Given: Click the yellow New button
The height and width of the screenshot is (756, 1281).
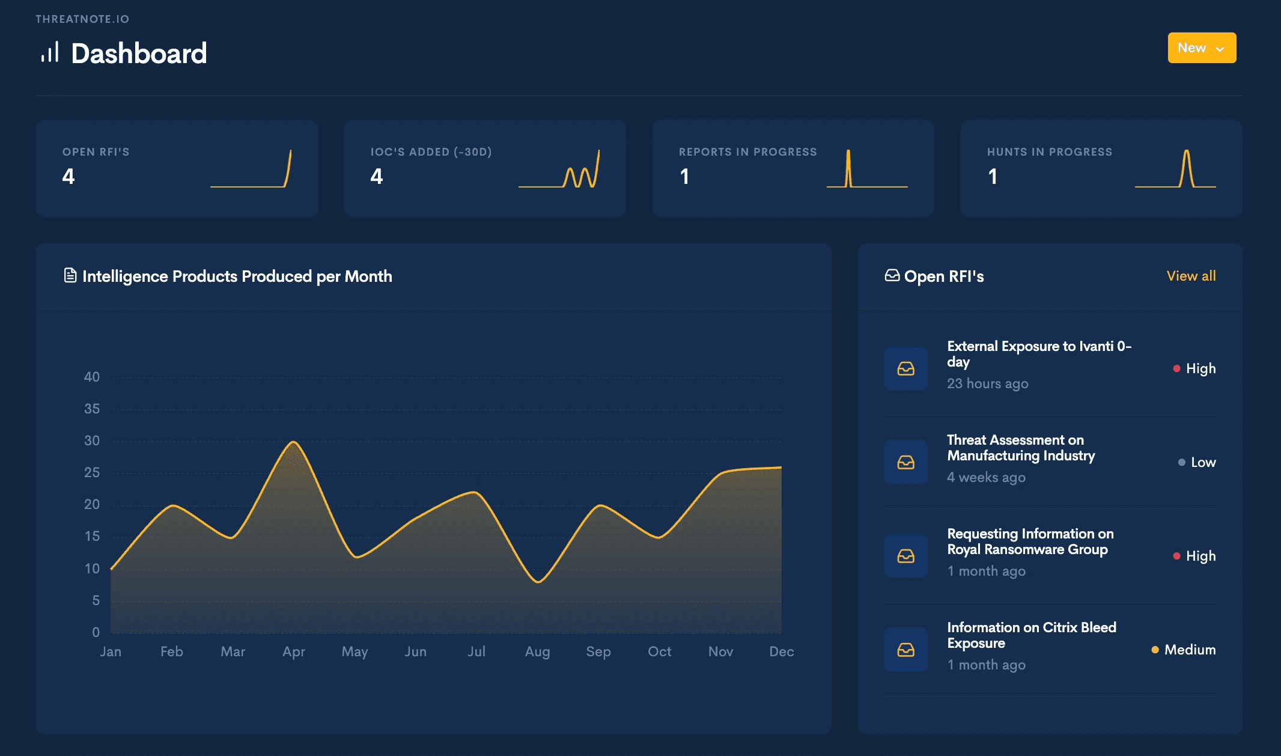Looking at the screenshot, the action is [1202, 47].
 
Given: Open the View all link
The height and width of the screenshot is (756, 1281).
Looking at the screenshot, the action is [1191, 276].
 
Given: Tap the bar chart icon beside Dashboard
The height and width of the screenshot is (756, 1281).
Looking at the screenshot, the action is [50, 52].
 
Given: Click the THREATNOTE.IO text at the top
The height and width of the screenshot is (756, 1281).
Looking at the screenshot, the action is [82, 19].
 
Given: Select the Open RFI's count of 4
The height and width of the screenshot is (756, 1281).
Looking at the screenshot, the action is [68, 176].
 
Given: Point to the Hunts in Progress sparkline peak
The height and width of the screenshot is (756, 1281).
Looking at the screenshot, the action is [1187, 151].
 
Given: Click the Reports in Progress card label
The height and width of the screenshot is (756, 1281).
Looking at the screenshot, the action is [748, 152].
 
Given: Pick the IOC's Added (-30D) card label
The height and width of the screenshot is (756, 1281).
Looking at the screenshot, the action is [431, 152].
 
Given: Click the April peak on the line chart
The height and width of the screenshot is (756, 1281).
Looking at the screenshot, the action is [293, 442].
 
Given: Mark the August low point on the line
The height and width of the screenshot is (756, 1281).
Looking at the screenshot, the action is [538, 582].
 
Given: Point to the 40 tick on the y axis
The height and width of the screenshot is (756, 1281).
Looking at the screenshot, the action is [92, 377].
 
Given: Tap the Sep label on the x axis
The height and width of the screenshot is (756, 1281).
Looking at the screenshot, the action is [598, 651].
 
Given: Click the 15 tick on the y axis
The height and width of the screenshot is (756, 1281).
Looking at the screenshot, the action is [92, 536].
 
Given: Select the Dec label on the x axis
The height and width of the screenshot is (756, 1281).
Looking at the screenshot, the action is [782, 651].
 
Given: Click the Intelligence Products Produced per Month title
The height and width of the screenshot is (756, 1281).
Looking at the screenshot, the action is [237, 276].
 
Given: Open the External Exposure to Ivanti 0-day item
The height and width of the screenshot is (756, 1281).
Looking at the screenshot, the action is [1039, 354].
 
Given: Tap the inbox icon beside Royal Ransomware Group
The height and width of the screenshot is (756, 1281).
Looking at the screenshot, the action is [906, 556].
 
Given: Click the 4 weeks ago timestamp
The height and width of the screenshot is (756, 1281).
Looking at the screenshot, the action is [987, 477].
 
